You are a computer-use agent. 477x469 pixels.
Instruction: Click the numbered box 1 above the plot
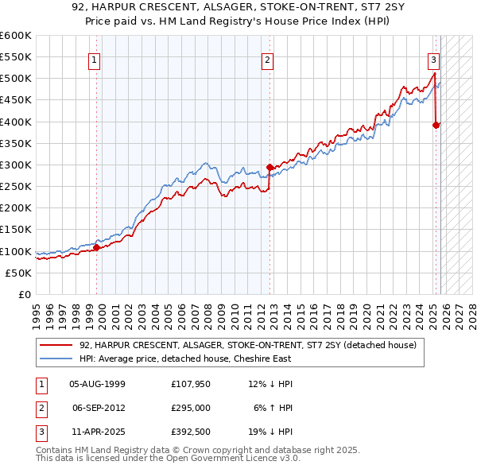point(95,59)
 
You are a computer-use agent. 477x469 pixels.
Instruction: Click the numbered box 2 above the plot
point(268,59)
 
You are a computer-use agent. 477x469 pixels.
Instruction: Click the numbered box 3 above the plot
point(433,59)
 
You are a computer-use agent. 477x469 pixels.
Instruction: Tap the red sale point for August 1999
point(96,247)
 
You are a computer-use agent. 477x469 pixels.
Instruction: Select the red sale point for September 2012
point(270,167)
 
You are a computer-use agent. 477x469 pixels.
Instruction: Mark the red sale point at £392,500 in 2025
point(436,125)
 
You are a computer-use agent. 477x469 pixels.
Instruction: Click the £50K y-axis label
point(19,273)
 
